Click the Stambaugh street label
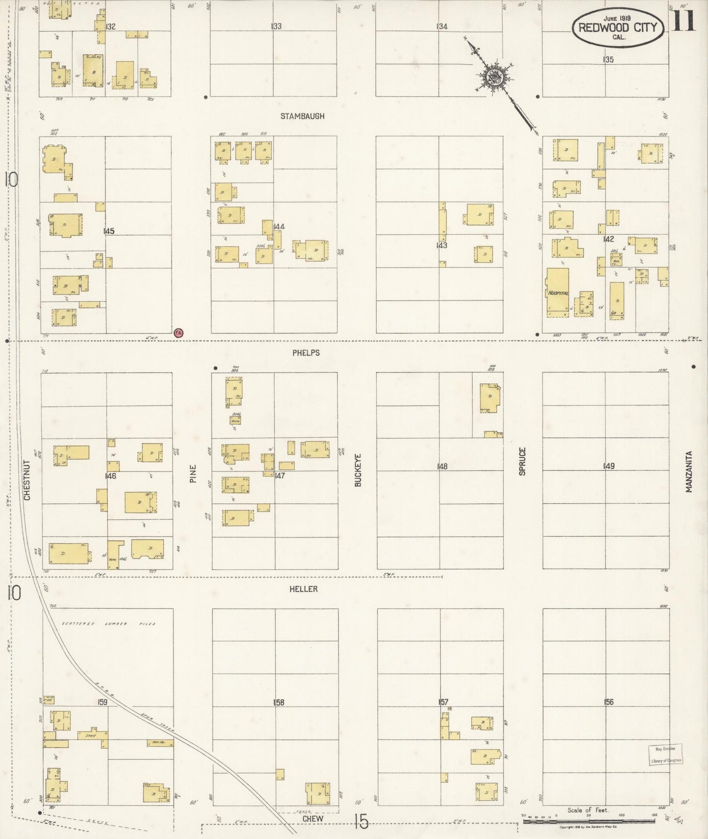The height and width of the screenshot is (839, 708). point(302,117)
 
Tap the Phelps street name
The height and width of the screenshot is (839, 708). point(307,352)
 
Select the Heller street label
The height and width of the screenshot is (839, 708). point(304,589)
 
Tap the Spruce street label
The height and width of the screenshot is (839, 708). point(523,461)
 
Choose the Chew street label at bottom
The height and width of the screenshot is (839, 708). point(313,818)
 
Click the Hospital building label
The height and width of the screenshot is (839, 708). point(558,293)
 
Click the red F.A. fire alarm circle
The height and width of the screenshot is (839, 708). point(178,333)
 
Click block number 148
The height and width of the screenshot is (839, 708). point(442,466)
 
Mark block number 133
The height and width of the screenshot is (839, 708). point(276,26)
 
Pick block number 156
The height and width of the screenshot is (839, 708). point(609,702)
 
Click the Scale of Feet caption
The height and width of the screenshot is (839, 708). point(587,810)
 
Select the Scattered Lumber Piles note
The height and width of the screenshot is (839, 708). point(108,624)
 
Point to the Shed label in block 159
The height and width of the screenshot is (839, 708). point(90,735)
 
